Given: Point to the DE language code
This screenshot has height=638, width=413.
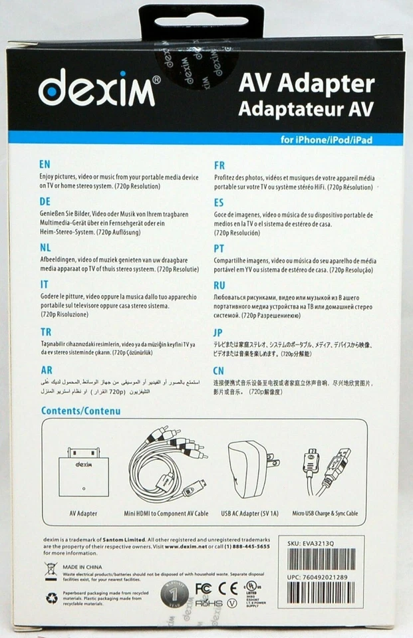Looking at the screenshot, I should click(x=45, y=201).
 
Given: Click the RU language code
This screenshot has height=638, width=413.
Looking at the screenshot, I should click(x=221, y=284).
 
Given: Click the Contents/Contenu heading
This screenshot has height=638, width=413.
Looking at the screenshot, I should click(x=80, y=411).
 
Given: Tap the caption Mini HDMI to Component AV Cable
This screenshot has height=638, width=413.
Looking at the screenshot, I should click(x=166, y=514).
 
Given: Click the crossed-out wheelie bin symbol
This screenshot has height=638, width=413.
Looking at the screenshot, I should click(x=51, y=569).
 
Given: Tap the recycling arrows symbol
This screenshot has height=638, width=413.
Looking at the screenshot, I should click(x=51, y=598).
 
